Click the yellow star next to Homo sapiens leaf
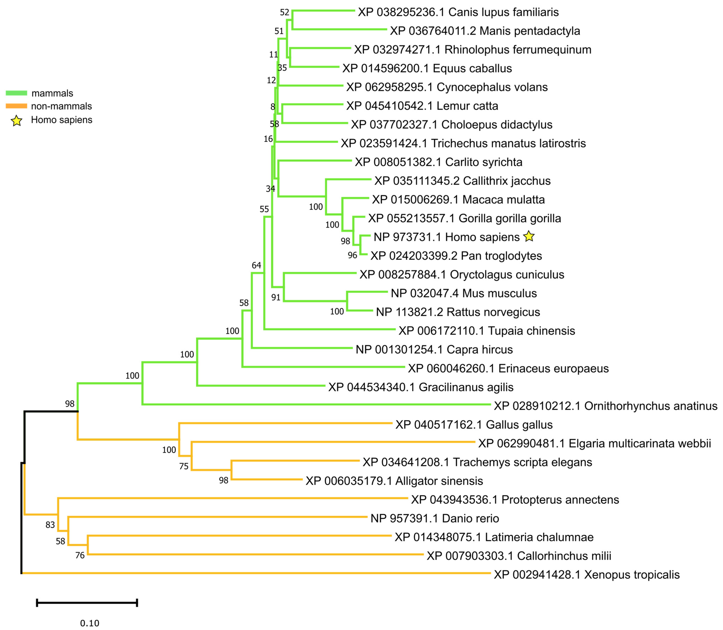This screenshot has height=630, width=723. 529,237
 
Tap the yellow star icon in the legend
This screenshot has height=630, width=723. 17,121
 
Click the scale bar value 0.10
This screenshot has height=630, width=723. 90,623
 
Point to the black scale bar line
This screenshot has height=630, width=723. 87,603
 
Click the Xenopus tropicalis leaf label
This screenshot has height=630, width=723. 586,574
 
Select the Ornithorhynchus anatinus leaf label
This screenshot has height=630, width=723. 605,406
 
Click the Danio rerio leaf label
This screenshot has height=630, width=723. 434,518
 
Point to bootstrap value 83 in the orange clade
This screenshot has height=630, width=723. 50,525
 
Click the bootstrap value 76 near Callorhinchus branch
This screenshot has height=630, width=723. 80,556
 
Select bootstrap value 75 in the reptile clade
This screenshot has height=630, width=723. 184,466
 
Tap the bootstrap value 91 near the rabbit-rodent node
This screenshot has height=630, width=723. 276,297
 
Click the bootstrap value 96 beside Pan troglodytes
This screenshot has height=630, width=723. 353,255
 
